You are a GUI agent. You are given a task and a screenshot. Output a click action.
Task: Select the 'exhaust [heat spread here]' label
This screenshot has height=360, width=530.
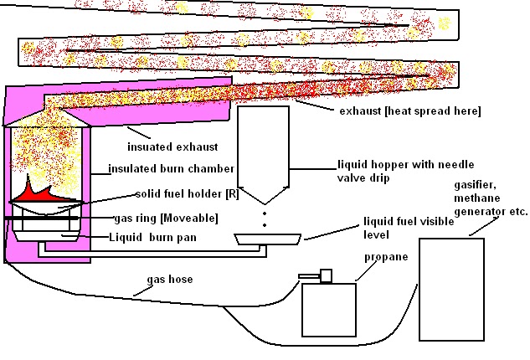(x=410, y=111)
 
